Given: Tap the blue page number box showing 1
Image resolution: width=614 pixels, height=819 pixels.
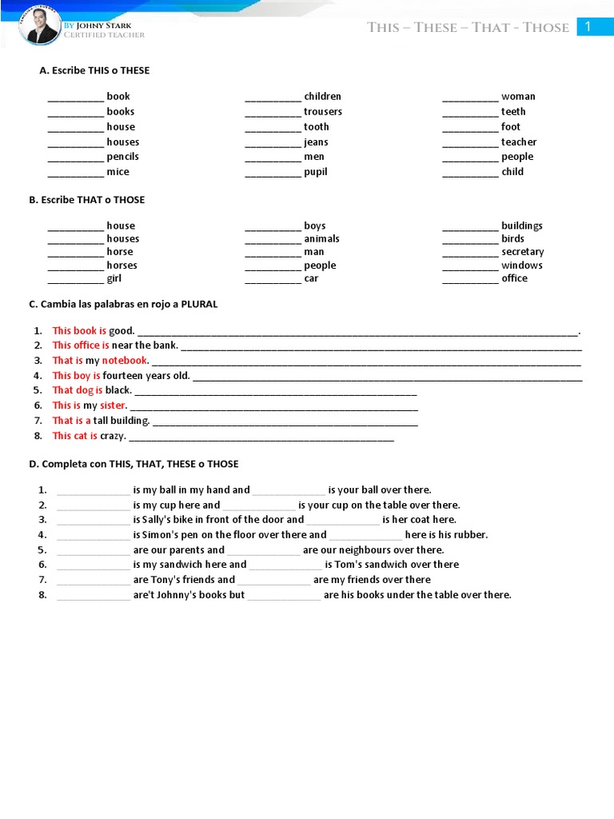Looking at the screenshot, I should click(x=588, y=27).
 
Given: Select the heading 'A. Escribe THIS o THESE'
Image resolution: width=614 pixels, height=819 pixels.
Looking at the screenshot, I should click(x=94, y=70).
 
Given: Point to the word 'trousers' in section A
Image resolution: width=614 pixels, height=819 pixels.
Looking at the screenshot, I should click(x=322, y=112).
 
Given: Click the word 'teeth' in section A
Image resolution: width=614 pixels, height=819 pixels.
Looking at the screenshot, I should click(x=513, y=112).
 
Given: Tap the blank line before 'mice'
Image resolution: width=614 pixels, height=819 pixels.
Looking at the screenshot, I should click(x=76, y=173).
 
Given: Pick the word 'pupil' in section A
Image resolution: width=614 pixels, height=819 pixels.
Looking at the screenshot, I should click(x=315, y=172).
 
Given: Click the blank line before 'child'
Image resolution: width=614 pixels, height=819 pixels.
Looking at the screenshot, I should click(x=470, y=173).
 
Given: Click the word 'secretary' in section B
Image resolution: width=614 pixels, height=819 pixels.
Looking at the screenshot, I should click(x=522, y=252).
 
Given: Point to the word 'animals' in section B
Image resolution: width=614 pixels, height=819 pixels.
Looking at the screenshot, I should click(x=321, y=239).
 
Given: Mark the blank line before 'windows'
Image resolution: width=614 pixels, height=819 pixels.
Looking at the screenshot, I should click(x=470, y=266).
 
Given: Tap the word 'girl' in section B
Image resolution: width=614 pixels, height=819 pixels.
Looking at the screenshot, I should click(x=114, y=278).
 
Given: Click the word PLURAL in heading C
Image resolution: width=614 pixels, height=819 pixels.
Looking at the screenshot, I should click(x=199, y=305).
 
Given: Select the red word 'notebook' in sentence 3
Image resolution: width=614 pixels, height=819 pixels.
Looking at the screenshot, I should click(x=125, y=361).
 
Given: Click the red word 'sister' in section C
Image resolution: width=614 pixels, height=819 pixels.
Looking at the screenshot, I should click(x=113, y=406).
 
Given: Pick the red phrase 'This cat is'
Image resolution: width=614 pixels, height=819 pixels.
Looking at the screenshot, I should click(x=75, y=436).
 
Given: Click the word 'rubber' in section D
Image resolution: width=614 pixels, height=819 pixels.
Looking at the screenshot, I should click(x=468, y=535).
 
